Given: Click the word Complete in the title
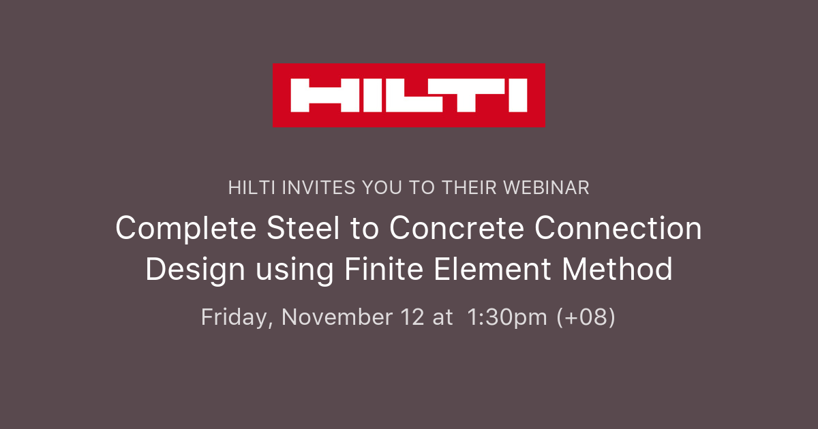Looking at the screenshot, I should tap(179, 229).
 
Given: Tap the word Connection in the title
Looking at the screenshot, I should tap(618, 229).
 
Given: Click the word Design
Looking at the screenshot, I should tap(195, 269).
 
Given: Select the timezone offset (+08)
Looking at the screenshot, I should tap(586, 317).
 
